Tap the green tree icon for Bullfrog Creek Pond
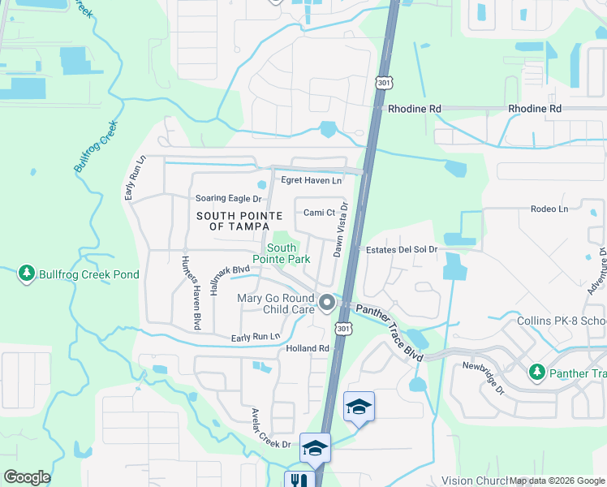pyautogui.click(x=27, y=274)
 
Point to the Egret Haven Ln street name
pyautogui.click(x=311, y=179)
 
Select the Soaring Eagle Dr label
pyautogui.click(x=230, y=198)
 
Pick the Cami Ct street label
pyautogui.click(x=319, y=213)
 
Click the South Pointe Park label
pyautogui.click(x=282, y=253)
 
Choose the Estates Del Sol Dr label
pyautogui.click(x=402, y=250)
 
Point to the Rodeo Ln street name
pyautogui.click(x=549, y=209)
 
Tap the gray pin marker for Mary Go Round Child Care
pyautogui.click(x=327, y=303)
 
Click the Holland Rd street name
pyautogui.click(x=307, y=349)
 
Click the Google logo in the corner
pyautogui.click(x=27, y=477)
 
